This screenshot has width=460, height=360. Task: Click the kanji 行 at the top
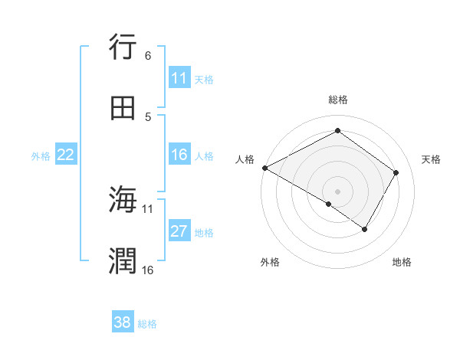[x=123, y=47]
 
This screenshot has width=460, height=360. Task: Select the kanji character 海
[x=123, y=200]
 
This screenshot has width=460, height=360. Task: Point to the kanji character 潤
[x=123, y=261]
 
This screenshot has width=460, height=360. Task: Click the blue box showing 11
[x=179, y=78]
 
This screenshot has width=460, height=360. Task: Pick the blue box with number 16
[x=179, y=155]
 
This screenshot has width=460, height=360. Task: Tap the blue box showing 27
[x=179, y=231]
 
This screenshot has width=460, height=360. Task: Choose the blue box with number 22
[x=66, y=155]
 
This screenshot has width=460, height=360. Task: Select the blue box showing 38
[x=123, y=322]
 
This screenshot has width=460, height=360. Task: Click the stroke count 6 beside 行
[x=148, y=56]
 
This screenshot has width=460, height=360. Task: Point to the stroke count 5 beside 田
[x=148, y=116]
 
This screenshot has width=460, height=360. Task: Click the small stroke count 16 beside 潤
[x=148, y=270]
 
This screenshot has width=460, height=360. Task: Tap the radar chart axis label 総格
[x=338, y=100]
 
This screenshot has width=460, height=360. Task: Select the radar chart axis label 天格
[x=431, y=159]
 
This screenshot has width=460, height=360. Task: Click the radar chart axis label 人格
[x=245, y=159]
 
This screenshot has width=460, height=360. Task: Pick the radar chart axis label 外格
[x=270, y=262]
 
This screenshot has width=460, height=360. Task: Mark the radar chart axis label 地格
[x=402, y=262]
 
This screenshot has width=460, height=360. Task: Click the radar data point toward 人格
[x=264, y=168]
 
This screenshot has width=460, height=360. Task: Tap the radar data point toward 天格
[x=396, y=172]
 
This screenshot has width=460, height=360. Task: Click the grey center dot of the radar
[x=338, y=191]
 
